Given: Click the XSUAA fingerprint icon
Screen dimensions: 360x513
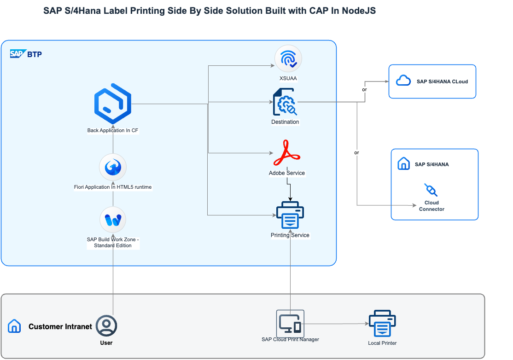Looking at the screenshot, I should pyautogui.click(x=288, y=59).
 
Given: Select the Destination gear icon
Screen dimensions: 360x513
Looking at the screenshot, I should pyautogui.click(x=285, y=102).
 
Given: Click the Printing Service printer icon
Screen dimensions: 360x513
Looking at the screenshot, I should pyautogui.click(x=290, y=215).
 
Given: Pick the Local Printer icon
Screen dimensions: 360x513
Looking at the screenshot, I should pyautogui.click(x=382, y=324).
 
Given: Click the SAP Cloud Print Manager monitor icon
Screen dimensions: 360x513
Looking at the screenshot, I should pyautogui.click(x=290, y=323).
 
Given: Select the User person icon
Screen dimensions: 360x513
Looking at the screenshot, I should pyautogui.click(x=106, y=325).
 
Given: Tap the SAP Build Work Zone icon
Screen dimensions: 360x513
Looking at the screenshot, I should pyautogui.click(x=113, y=220).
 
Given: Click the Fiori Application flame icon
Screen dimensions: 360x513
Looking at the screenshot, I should pyautogui.click(x=113, y=167).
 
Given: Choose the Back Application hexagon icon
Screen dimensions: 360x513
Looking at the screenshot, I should pyautogui.click(x=113, y=104).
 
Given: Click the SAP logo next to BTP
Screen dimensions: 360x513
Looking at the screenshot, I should pyautogui.click(x=17, y=54).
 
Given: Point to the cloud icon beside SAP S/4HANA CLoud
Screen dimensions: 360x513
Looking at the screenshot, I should pyautogui.click(x=403, y=81).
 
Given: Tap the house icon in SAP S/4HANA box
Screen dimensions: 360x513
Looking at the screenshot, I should pyautogui.click(x=403, y=164).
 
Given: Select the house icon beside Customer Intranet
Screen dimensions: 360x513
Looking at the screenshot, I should pyautogui.click(x=14, y=326).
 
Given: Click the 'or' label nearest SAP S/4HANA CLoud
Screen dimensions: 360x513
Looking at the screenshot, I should pyautogui.click(x=365, y=89).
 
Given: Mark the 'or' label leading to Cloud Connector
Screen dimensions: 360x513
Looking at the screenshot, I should pyautogui.click(x=356, y=152).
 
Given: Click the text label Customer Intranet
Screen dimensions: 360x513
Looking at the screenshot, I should pyautogui.click(x=60, y=326).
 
